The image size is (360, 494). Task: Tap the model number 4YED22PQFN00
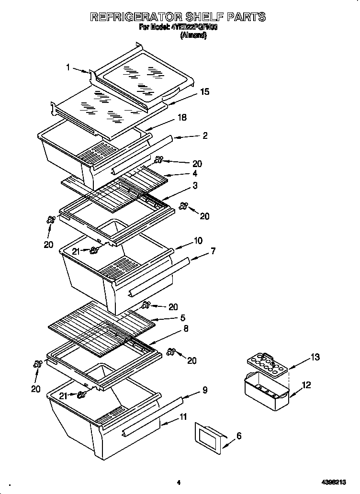click(194, 27)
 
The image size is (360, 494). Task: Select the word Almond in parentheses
click(193, 35)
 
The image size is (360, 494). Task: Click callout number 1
click(68, 67)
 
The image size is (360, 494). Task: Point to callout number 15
click(204, 91)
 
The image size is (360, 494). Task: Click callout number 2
click(205, 135)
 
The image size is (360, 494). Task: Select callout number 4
click(195, 173)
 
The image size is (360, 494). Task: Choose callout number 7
click(213, 250)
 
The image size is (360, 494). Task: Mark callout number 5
click(182, 317)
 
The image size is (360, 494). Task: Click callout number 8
click(186, 328)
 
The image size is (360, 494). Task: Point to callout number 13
click(315, 357)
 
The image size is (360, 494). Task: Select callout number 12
click(306, 384)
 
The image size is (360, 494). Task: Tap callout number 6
click(239, 436)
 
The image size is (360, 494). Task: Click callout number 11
click(184, 416)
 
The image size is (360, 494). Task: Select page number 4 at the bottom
click(178, 483)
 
